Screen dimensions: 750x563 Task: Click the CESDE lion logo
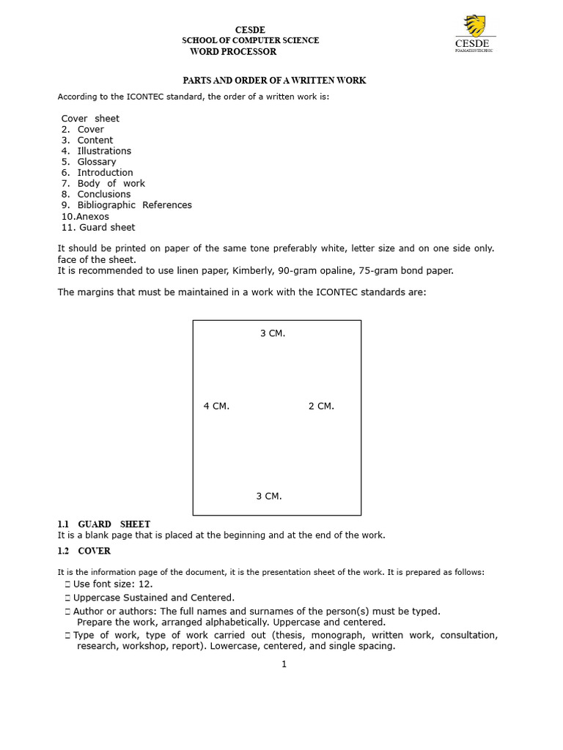pos(475,26)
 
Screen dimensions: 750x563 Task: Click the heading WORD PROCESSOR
pos(233,51)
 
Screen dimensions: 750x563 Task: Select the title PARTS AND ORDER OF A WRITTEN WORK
pos(274,80)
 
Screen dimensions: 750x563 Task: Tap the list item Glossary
pos(96,162)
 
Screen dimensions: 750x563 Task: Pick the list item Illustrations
pos(104,151)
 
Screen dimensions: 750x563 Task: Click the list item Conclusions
pos(103,194)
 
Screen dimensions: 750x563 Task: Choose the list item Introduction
pos(105,173)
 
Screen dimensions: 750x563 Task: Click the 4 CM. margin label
pos(216,406)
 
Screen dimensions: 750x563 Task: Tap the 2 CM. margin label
pos(321,406)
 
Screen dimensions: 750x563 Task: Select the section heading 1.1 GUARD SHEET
pos(103,524)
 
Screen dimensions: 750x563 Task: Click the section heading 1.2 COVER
pos(84,551)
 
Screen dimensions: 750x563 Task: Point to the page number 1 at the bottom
pos(284,664)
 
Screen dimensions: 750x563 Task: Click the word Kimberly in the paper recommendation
pos(254,271)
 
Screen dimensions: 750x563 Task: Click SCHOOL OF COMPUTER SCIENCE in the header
pos(251,40)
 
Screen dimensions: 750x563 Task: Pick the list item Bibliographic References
pos(134,205)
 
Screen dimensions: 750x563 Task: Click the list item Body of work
pos(111,183)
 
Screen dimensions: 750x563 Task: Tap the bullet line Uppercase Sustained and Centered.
pos(153,598)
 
